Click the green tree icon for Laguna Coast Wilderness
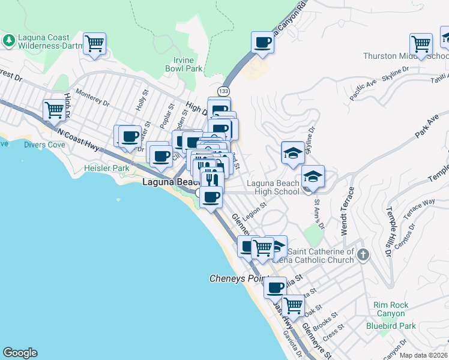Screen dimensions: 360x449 click(9, 40)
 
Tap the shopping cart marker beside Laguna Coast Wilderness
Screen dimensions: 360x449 click(94, 44)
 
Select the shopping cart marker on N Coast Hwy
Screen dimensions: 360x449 click(54, 110)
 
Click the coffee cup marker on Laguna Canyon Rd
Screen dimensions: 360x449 click(262, 43)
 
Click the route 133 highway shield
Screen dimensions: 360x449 click(223, 91)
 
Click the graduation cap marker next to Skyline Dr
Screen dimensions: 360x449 click(292, 152)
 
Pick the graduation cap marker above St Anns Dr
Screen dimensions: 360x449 click(313, 176)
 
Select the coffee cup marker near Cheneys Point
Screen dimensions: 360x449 click(276, 287)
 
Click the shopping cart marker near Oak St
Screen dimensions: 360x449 click(293, 305)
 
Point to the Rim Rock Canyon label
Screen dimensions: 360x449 click(391, 309)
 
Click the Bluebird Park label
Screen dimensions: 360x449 click(391, 326)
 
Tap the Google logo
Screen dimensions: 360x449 click(20, 353)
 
